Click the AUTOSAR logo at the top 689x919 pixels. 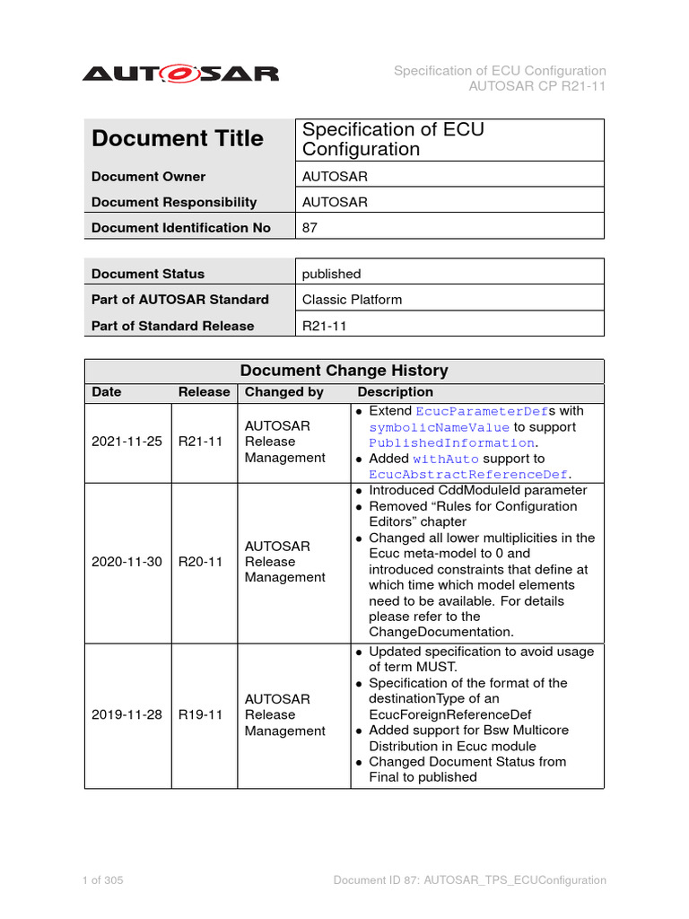pos(180,74)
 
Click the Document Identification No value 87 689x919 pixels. pos(310,228)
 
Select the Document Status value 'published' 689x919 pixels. pos(331,274)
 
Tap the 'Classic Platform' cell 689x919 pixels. pos(352,300)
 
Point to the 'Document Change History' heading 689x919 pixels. pos(344,371)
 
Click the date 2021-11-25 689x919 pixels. pos(126,442)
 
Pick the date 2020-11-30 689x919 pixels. pos(126,562)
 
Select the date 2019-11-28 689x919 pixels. pos(126,714)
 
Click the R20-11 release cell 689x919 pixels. pos(200,562)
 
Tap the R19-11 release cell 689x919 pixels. pos(200,714)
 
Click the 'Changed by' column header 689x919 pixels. pos(283,392)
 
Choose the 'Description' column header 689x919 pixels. pos(395,392)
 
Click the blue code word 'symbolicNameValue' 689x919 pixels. pos(439,427)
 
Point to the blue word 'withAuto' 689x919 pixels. pos(446,459)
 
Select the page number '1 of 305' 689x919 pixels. pos(102,880)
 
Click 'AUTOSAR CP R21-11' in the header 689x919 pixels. pos(537,87)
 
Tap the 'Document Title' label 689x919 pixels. pos(178,139)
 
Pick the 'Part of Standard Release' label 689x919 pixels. pos(172,326)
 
